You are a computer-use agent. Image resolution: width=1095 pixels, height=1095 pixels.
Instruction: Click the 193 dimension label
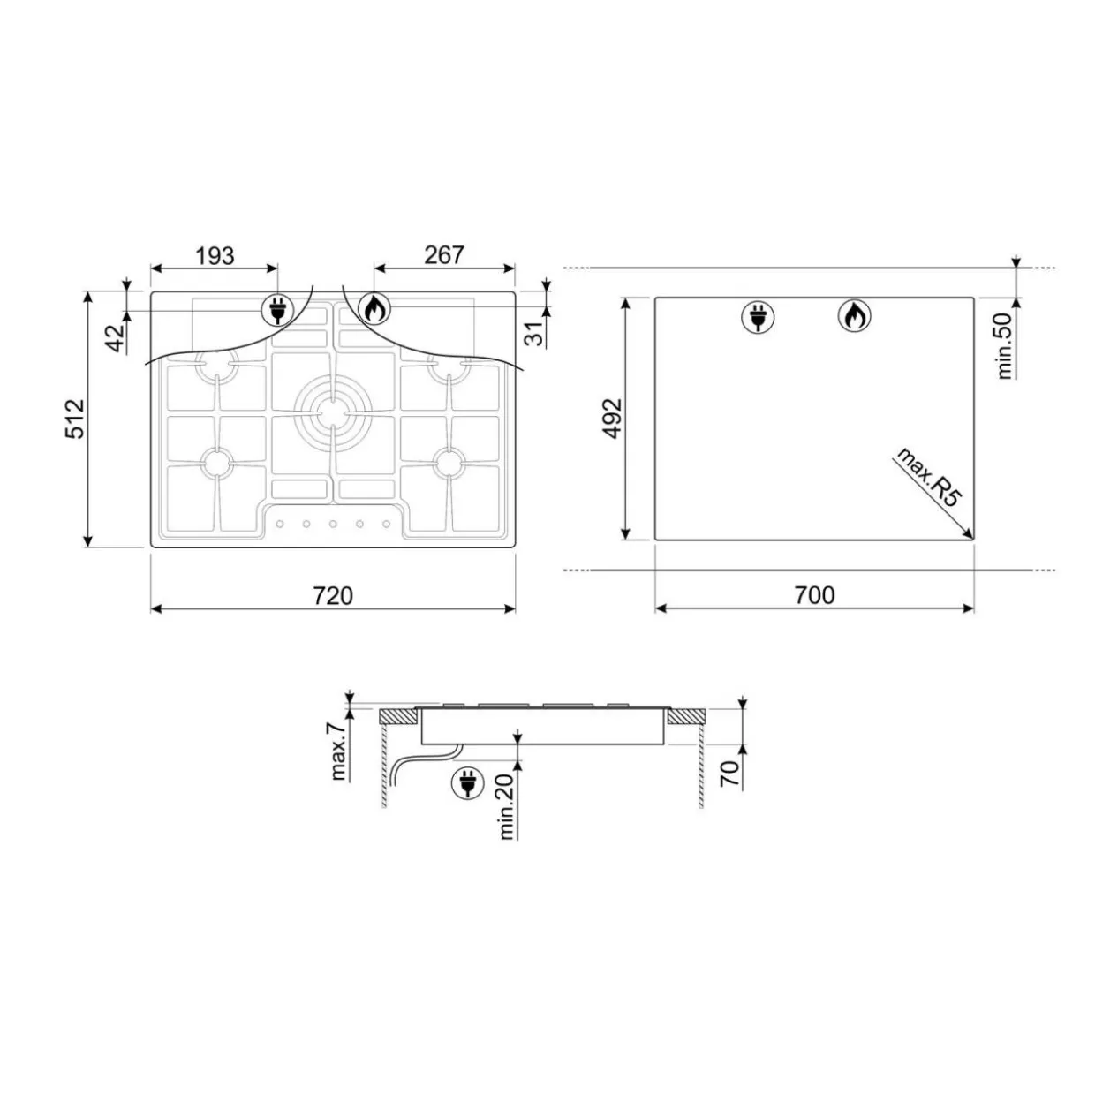point(215,256)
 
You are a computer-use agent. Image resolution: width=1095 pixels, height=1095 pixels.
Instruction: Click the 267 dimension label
point(444,255)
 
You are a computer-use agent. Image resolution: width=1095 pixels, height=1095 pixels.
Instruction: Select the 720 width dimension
point(333,595)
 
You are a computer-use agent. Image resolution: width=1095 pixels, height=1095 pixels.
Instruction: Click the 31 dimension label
point(535,333)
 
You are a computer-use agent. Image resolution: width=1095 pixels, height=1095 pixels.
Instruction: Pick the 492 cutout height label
point(613,419)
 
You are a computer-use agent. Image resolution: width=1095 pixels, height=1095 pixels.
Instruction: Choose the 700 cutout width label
point(815,595)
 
